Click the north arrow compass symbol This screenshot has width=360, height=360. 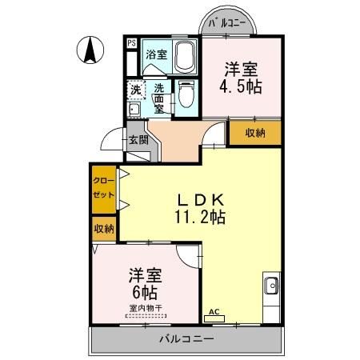point(90,52)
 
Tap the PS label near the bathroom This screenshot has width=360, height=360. point(131,44)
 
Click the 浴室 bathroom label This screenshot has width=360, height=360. point(156,55)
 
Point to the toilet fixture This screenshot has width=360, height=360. point(185,95)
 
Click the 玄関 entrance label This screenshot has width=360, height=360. point(138,139)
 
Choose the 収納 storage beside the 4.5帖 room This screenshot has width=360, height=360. point(255,133)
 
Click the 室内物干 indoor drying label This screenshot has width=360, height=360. point(145,307)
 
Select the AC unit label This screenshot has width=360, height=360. point(214,312)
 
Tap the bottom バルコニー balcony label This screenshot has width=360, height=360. point(186,339)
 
